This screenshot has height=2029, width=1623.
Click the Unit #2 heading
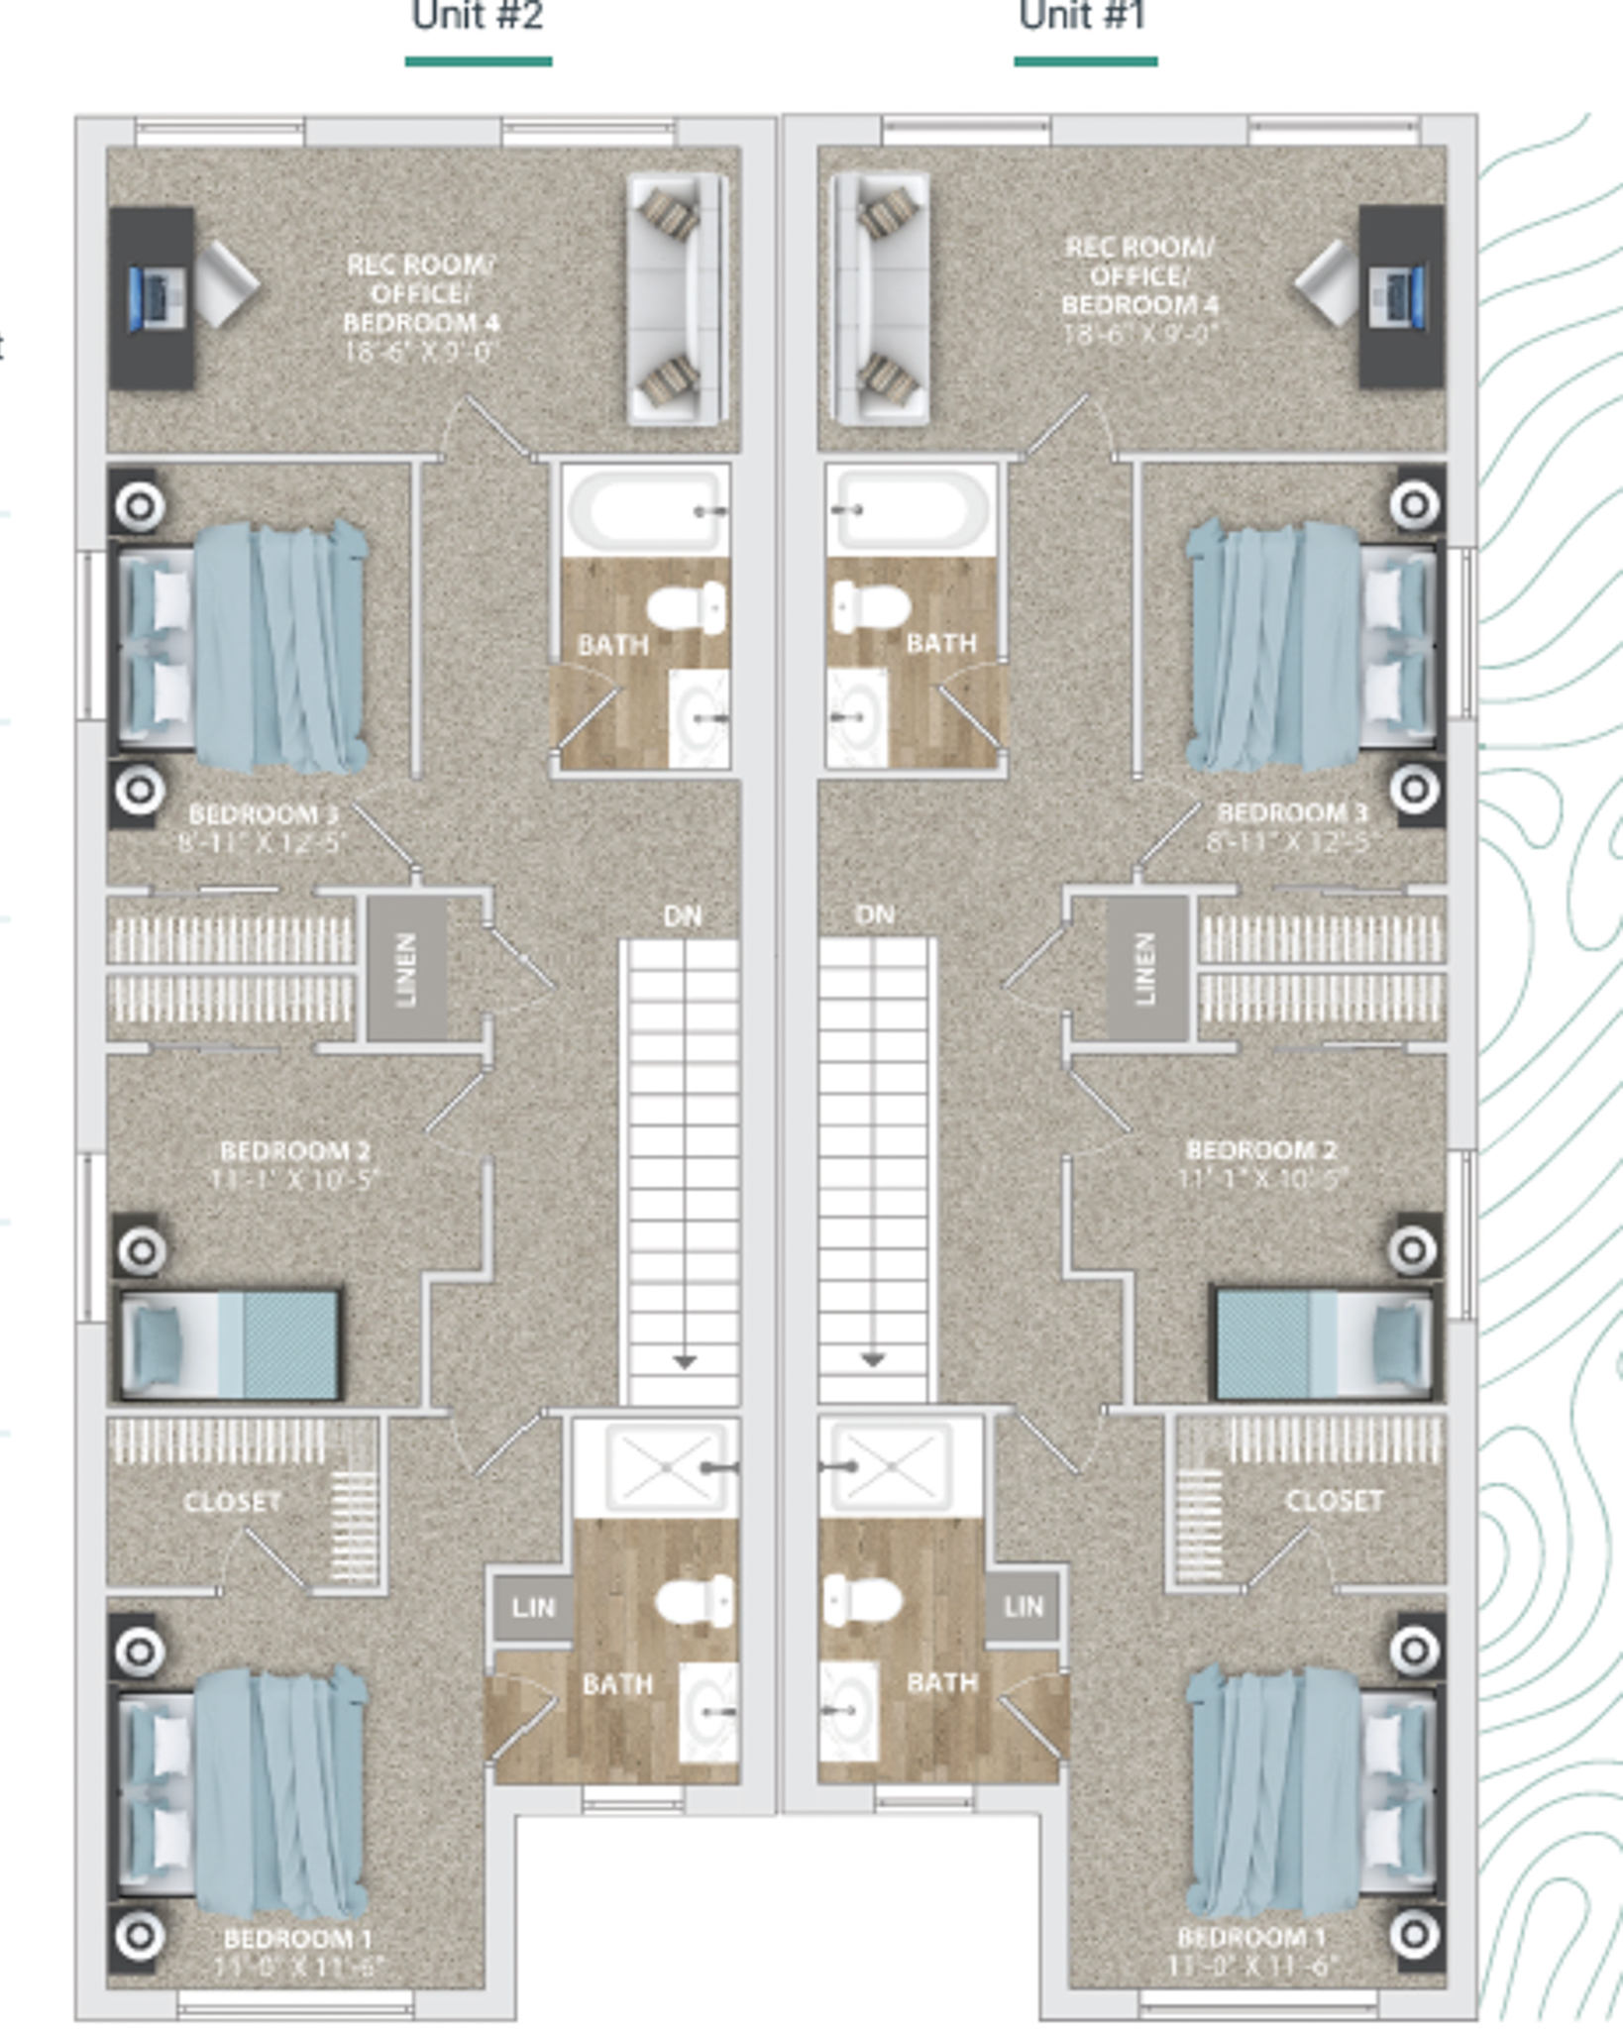(478, 17)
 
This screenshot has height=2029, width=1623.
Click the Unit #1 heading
(1082, 17)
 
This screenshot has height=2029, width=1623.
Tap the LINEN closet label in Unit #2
(406, 969)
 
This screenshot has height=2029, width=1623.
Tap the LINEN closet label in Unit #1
(1145, 969)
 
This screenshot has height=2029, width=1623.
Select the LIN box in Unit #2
(533, 1606)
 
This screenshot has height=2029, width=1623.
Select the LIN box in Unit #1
(1023, 1605)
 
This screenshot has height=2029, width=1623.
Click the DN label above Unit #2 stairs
(683, 916)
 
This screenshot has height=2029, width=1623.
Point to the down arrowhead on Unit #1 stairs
(873, 1359)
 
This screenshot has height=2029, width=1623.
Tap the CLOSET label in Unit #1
(1334, 1501)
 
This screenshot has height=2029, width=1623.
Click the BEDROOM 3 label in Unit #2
(264, 814)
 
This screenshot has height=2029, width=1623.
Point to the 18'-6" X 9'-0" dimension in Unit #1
(1139, 334)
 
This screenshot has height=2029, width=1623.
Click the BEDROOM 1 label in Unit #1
(1250, 1937)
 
